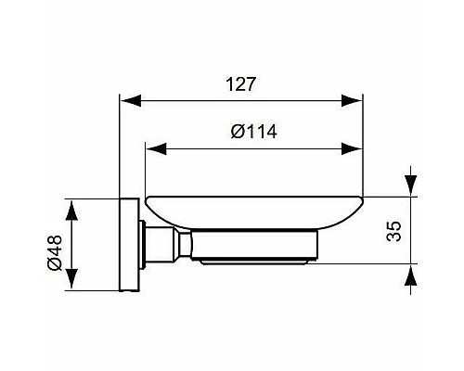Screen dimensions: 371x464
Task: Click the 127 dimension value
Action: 239,83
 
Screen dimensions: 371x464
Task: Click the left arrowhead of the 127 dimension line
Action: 128,99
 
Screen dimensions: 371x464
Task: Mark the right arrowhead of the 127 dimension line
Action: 356,99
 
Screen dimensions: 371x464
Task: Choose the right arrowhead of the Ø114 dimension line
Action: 356,147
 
